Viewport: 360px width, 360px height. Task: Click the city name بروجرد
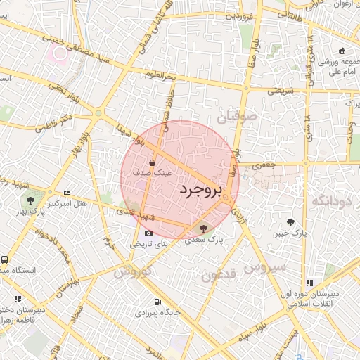[200, 190]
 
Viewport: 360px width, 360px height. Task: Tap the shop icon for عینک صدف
[153, 163]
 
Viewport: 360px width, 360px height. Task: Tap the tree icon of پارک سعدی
[204, 228]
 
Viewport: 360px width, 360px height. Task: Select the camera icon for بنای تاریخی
[148, 233]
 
